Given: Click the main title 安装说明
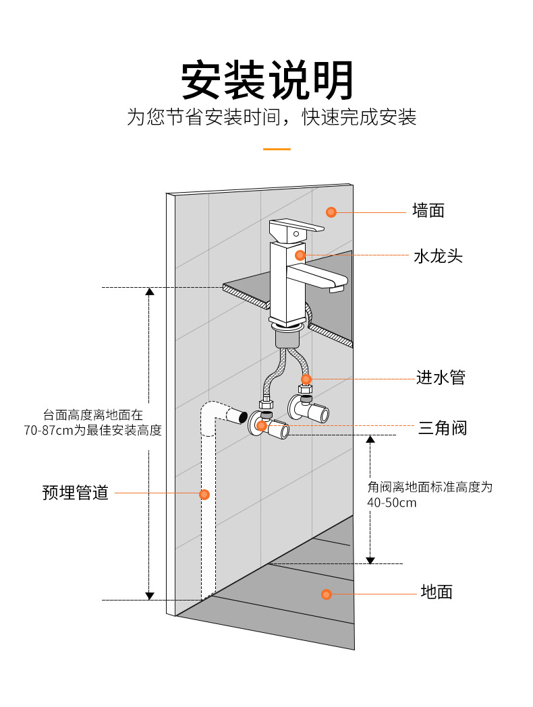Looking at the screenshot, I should tap(267, 82).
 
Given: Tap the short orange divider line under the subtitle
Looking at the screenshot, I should tap(277, 149).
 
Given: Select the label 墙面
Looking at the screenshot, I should tap(428, 212).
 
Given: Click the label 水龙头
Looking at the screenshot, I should tap(438, 256).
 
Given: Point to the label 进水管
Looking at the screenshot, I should tap(441, 378).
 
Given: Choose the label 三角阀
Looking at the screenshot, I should tap(442, 428).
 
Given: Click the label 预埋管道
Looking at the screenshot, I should tap(76, 493).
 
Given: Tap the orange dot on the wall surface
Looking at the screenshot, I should tap(331, 212).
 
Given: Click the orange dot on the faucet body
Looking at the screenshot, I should tap(300, 255).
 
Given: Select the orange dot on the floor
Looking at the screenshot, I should tap(327, 594).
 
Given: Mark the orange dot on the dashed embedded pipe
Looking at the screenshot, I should tap(204, 495).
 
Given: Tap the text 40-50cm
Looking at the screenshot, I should tap(392, 503).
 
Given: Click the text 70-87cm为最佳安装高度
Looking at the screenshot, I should tap(93, 431).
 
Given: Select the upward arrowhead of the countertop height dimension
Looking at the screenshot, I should tap(150, 292).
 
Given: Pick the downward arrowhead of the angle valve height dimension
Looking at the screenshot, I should tap(370, 559).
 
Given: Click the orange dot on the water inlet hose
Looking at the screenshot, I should tap(306, 379).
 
